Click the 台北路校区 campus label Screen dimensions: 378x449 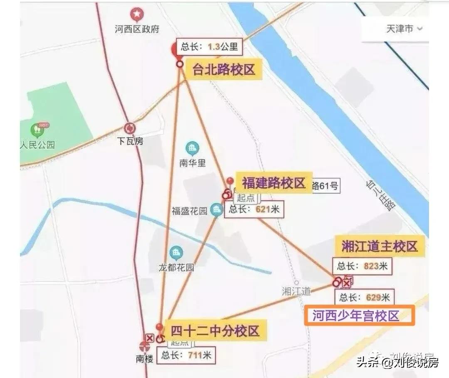(x=223, y=69)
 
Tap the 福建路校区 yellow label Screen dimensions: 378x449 (x=274, y=183)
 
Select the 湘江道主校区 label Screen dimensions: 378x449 (x=379, y=246)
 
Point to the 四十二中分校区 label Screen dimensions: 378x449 (x=215, y=331)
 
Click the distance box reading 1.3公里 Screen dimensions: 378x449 (x=209, y=47)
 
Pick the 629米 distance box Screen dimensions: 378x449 (x=364, y=297)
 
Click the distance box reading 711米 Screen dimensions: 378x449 (x=186, y=355)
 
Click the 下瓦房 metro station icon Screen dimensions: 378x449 (x=130, y=128)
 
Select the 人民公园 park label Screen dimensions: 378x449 (x=38, y=145)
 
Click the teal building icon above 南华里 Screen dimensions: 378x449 (x=192, y=148)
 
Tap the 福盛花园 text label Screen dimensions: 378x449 (x=189, y=211)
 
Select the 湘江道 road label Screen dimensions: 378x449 (x=296, y=291)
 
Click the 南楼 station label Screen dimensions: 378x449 (x=145, y=358)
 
